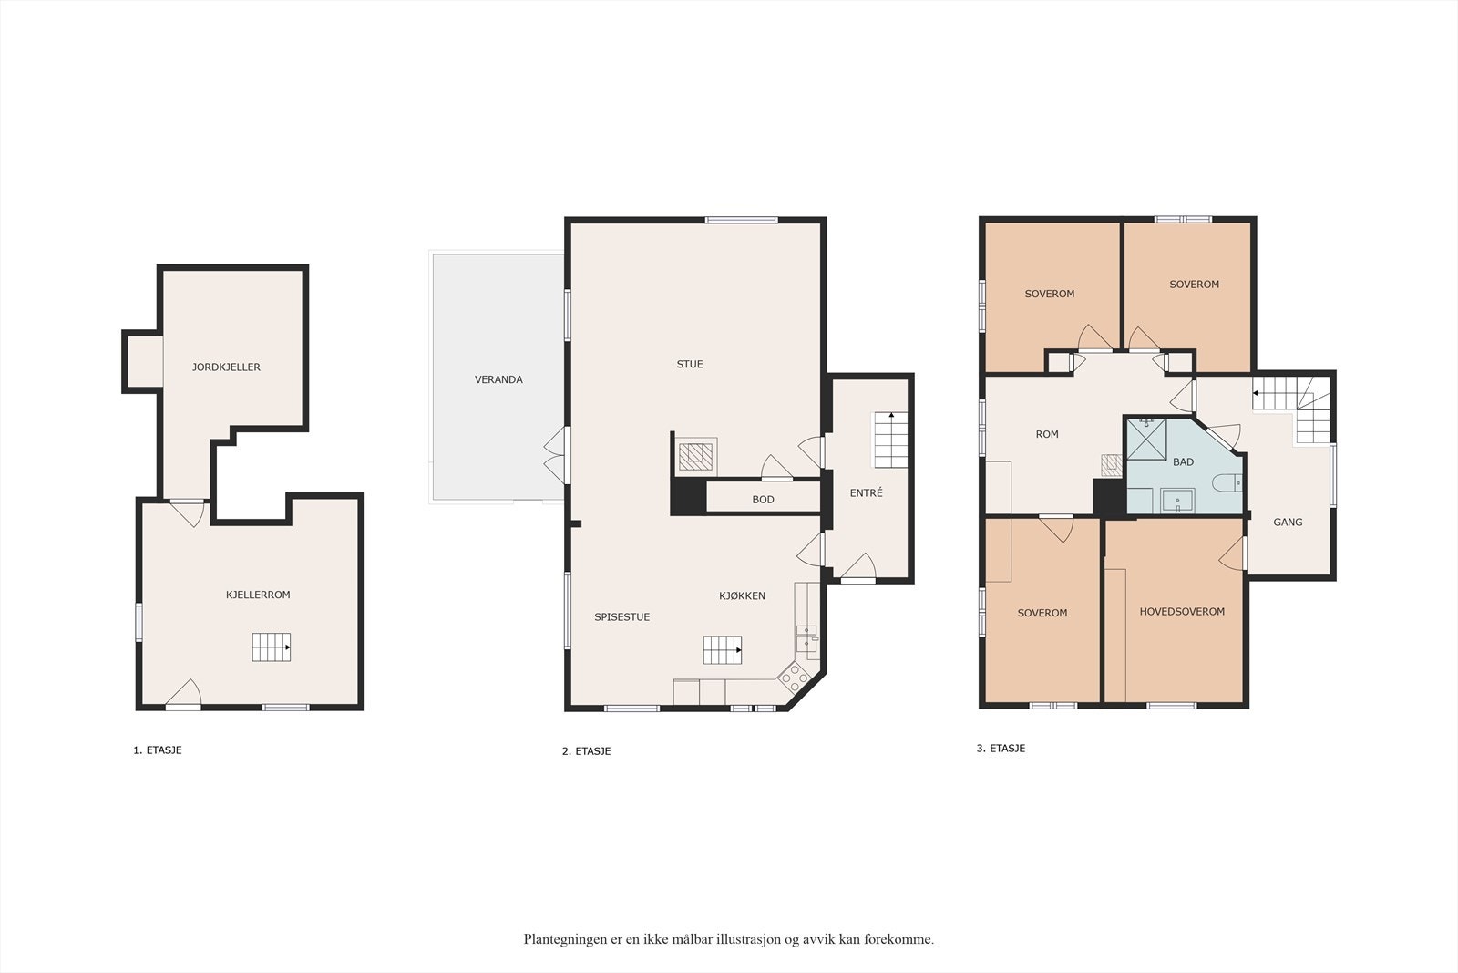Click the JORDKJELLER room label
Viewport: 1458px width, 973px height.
click(x=226, y=367)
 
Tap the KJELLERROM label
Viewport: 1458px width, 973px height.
click(x=258, y=595)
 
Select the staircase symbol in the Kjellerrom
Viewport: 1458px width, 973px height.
click(x=272, y=647)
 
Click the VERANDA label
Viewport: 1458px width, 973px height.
click(x=498, y=379)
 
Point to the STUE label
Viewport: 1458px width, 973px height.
click(x=690, y=364)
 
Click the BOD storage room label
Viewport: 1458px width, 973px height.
click(x=763, y=500)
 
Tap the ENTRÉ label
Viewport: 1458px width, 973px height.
click(x=867, y=493)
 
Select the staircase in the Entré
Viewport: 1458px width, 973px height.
click(x=890, y=440)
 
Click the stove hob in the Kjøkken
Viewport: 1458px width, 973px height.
click(x=794, y=678)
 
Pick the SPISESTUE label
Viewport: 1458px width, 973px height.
click(x=621, y=617)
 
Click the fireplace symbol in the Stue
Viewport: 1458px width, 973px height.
click(x=697, y=456)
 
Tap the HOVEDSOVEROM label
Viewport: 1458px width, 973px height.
click(x=1182, y=612)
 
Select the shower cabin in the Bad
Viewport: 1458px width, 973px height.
click(x=1146, y=439)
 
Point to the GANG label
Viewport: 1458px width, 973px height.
click(x=1288, y=523)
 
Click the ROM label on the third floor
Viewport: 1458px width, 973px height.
click(x=1047, y=434)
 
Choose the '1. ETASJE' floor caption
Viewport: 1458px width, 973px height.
click(x=158, y=750)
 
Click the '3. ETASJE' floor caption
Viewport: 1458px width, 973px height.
click(x=1001, y=749)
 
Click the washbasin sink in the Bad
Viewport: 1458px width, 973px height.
click(x=1178, y=501)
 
